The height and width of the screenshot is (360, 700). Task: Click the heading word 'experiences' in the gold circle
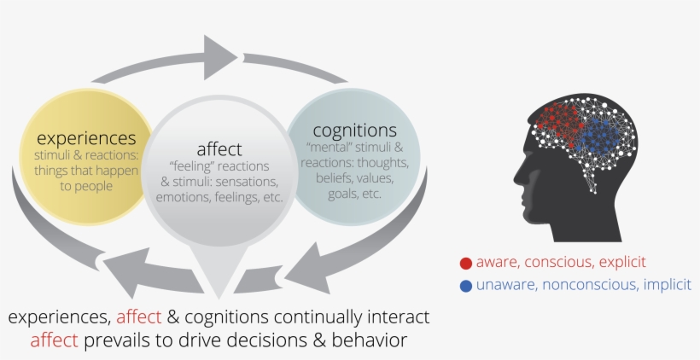coord(85,137)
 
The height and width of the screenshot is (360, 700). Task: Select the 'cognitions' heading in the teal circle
coord(354,131)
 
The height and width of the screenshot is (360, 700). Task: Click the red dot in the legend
coord(466,263)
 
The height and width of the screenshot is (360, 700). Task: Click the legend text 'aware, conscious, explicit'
coord(561,263)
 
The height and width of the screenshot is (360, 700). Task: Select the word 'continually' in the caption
coord(321,317)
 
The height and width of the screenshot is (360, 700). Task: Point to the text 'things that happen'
coord(86,171)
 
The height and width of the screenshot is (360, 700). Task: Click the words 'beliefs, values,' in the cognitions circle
coord(353,177)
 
